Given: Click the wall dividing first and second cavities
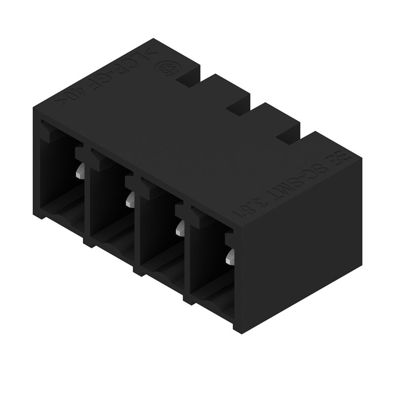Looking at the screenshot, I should [86, 197].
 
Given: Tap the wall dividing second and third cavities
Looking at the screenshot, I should [136, 225].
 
